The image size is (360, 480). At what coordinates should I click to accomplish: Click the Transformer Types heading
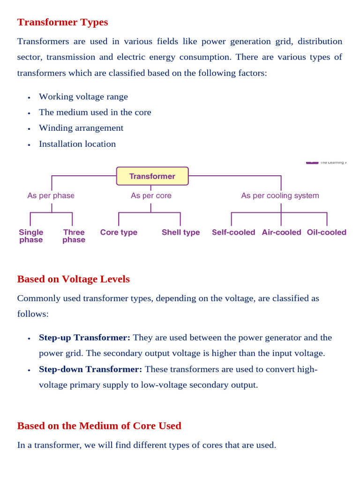[62, 22]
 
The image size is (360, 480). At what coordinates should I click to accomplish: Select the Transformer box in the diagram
[152, 176]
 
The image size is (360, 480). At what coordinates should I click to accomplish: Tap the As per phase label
[51, 195]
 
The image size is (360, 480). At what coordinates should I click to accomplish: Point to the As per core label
[151, 195]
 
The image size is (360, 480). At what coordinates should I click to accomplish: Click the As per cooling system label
[280, 195]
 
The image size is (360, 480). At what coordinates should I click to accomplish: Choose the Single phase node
[31, 236]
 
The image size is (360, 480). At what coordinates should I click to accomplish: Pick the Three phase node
[74, 236]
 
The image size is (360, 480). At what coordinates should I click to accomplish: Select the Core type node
[119, 232]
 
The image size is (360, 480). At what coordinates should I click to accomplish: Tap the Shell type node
[180, 232]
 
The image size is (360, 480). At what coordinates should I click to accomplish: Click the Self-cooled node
[233, 232]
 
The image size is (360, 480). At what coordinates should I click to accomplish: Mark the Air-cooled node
[281, 232]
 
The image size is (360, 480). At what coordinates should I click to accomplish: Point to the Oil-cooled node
[326, 232]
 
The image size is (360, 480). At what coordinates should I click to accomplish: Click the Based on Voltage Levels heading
[73, 279]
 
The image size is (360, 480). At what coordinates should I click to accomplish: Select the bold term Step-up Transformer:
[85, 337]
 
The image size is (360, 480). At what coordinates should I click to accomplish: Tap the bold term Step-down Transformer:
[90, 369]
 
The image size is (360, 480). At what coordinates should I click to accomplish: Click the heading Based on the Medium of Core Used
[99, 426]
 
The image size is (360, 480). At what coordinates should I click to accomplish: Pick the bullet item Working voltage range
[83, 97]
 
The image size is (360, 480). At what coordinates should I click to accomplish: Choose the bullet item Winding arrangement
[81, 128]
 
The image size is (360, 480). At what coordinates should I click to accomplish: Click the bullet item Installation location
[77, 144]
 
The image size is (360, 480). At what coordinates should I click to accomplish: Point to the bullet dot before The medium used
[29, 113]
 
